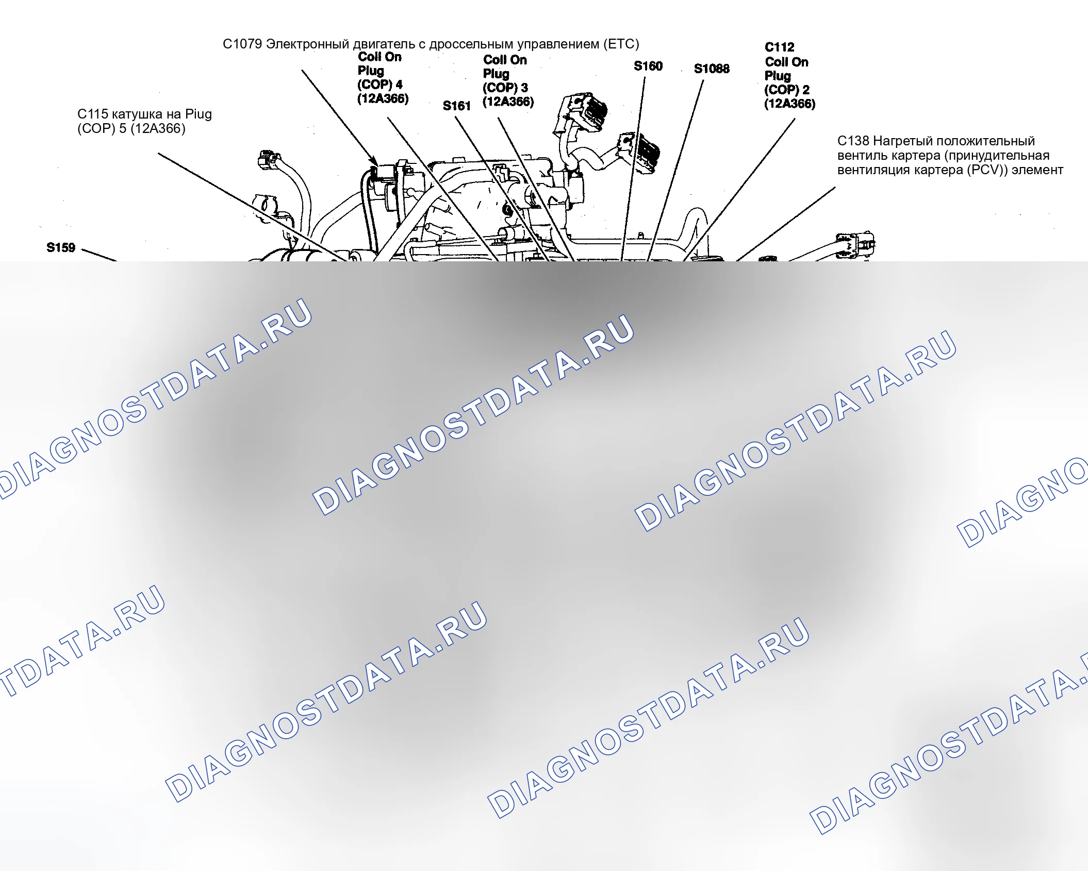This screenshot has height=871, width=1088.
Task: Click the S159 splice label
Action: point(61,248)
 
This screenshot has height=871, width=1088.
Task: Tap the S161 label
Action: point(457,106)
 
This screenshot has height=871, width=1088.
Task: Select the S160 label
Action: point(648,66)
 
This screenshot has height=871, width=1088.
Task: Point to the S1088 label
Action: point(712,69)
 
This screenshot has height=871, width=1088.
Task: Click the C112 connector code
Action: point(779,47)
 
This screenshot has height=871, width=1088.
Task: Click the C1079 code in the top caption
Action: point(242,44)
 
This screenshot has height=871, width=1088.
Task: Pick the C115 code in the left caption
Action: point(92,114)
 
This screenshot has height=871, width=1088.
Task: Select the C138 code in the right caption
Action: point(853,141)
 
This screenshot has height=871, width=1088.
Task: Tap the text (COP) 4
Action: point(380,85)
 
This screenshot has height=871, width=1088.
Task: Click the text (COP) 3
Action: point(505,88)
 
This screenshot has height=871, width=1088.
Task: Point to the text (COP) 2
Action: point(787,90)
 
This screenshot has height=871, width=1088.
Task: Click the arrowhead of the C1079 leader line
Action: point(376,163)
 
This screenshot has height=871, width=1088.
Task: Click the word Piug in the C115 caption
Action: point(199,114)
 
